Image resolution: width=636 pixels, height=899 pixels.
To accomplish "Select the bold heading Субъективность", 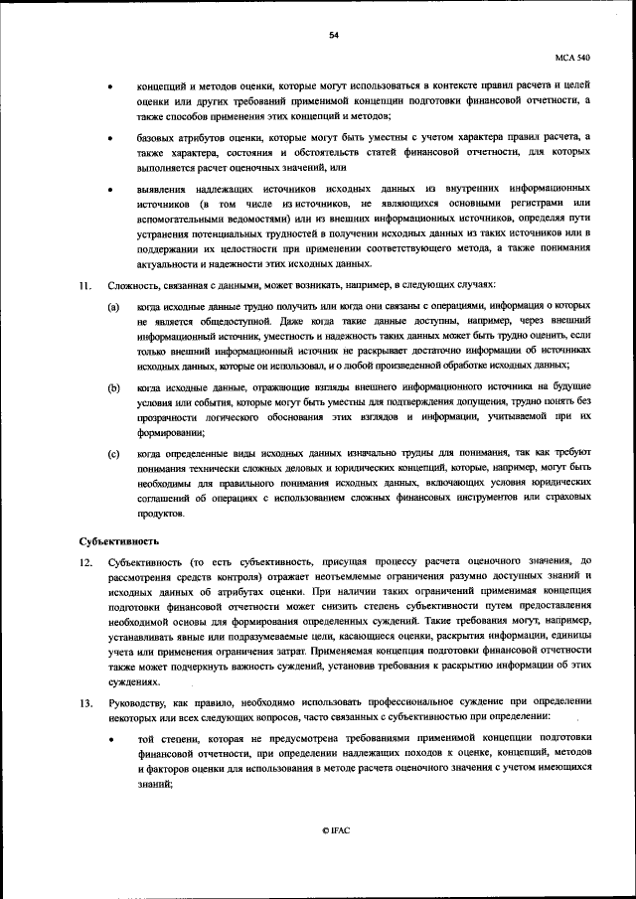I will click(119, 541).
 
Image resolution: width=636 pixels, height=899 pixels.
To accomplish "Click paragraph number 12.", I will click(86, 562).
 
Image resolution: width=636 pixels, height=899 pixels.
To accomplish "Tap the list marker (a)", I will click(114, 310).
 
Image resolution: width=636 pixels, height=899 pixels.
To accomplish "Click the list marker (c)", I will click(114, 453).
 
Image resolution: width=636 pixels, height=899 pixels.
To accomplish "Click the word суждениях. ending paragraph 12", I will click(134, 681).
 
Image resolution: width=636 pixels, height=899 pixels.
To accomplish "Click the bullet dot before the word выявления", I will click(111, 188).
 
